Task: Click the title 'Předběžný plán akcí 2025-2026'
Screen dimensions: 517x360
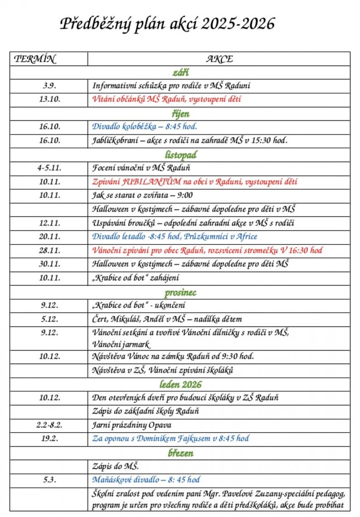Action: [167, 24]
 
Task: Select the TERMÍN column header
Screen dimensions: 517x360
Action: [35, 59]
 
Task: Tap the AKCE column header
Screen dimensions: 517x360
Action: [219, 59]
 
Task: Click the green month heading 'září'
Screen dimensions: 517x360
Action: [180, 73]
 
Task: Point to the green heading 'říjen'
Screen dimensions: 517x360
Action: [180, 114]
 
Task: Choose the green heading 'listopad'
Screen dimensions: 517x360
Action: [180, 155]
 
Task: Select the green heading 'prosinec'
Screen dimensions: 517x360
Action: [180, 292]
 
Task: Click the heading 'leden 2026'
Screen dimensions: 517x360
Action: [180, 385]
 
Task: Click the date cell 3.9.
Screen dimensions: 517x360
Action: [49, 86]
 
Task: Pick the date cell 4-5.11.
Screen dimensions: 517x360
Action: [49, 168]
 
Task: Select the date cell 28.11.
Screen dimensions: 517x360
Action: [49, 250]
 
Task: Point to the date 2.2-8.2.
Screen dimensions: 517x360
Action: [49, 425]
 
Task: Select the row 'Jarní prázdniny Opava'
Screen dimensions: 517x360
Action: [132, 425]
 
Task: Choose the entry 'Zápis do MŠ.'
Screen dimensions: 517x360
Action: [116, 466]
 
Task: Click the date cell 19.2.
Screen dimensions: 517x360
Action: [49, 439]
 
